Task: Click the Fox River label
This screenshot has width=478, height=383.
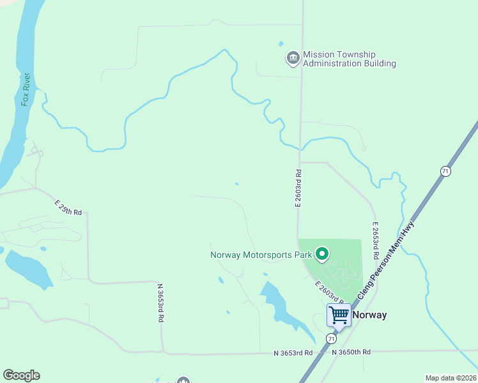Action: (26, 90)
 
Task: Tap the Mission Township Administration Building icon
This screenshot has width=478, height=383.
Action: (293, 59)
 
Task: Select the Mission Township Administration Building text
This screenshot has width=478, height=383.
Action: (349, 59)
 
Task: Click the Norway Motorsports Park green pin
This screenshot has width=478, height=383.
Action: (323, 255)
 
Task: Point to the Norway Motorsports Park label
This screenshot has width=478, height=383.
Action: (261, 255)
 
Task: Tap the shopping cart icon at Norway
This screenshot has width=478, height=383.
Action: (339, 315)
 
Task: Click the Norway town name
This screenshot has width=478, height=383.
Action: (369, 315)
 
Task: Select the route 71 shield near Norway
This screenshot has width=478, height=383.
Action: (331, 338)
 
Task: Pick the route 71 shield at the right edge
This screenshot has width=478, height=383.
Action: (445, 171)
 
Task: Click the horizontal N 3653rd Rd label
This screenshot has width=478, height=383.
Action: (293, 353)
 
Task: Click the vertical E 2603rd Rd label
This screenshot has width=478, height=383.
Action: (298, 188)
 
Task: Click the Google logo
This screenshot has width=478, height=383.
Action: (21, 375)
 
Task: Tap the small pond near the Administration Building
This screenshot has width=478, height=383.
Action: (281, 43)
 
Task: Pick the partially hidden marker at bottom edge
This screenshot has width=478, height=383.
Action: (183, 380)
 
